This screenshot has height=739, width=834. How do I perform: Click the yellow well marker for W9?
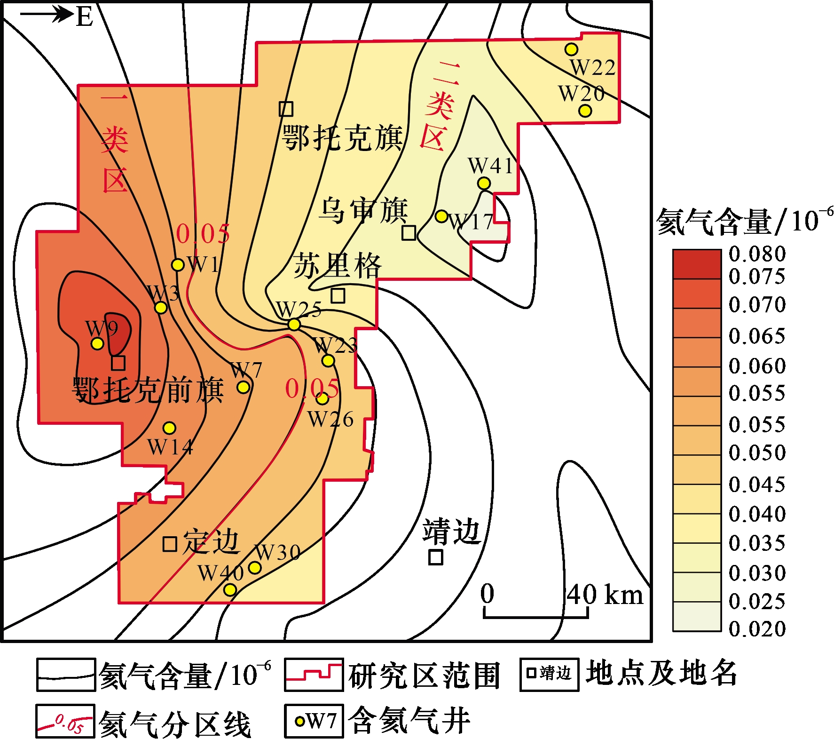point(97,343)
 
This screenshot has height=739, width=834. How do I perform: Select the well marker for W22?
point(571,49)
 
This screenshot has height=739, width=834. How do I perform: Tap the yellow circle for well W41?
point(484,183)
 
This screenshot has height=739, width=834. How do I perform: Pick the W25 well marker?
point(294,324)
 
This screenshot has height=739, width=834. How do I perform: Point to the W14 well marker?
point(170,428)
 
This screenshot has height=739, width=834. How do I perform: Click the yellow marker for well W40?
point(230,589)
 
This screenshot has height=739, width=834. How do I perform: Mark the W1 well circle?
point(178,265)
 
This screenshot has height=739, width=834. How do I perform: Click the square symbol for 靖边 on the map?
point(436,557)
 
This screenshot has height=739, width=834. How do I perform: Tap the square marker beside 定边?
point(170,544)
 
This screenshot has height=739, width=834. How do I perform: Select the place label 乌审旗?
point(363,210)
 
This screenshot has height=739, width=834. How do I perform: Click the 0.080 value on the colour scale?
point(757,254)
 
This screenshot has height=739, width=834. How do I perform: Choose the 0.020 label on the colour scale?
point(757,629)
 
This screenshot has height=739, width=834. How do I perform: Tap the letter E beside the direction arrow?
point(85,17)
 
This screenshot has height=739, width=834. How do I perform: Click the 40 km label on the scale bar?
point(605,595)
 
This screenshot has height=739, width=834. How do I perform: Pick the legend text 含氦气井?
point(409,720)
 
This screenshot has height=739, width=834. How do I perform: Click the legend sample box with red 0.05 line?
point(65,721)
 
